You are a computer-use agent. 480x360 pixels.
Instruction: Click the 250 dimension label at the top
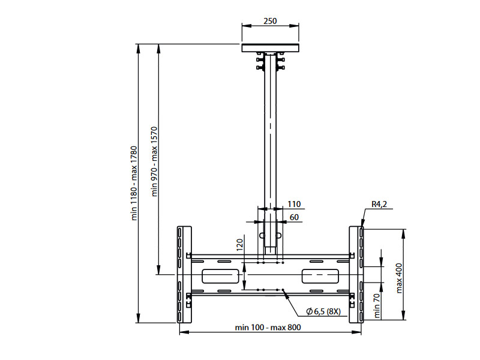[x=270, y=21]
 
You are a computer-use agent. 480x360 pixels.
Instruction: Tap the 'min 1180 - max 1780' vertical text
[x=135, y=183]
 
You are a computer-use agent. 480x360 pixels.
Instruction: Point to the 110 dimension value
[x=293, y=205]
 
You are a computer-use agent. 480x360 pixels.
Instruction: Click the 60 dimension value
[x=294, y=217]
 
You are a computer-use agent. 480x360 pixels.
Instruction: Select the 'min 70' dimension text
[x=377, y=306]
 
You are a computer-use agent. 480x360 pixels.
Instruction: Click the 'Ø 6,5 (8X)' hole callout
[x=323, y=311]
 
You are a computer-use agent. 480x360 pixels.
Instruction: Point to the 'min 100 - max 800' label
[x=268, y=327]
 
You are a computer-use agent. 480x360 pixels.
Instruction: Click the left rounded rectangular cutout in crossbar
[x=220, y=276]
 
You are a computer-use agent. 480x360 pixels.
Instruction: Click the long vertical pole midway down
[x=271, y=138]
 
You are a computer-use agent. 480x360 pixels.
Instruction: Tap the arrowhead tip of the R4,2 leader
[x=362, y=227]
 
